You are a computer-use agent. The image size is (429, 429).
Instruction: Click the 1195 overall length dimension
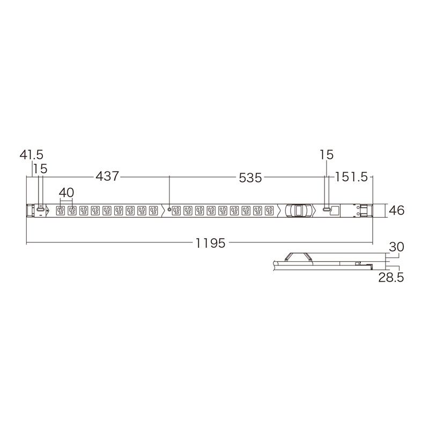(x=210, y=243)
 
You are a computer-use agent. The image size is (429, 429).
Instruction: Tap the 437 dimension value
(x=107, y=176)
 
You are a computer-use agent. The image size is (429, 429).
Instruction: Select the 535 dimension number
(x=250, y=178)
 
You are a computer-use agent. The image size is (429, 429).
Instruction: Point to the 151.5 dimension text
(x=351, y=177)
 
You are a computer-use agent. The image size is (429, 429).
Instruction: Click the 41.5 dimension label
(x=32, y=155)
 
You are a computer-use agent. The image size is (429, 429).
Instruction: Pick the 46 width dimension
(x=396, y=211)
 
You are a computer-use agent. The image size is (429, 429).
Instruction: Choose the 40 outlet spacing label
(x=66, y=193)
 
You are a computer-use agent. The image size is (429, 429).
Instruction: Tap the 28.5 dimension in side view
(x=391, y=277)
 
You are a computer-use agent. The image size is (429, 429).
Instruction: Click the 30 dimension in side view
(x=396, y=247)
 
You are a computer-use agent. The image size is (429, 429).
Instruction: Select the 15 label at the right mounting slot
(x=327, y=155)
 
